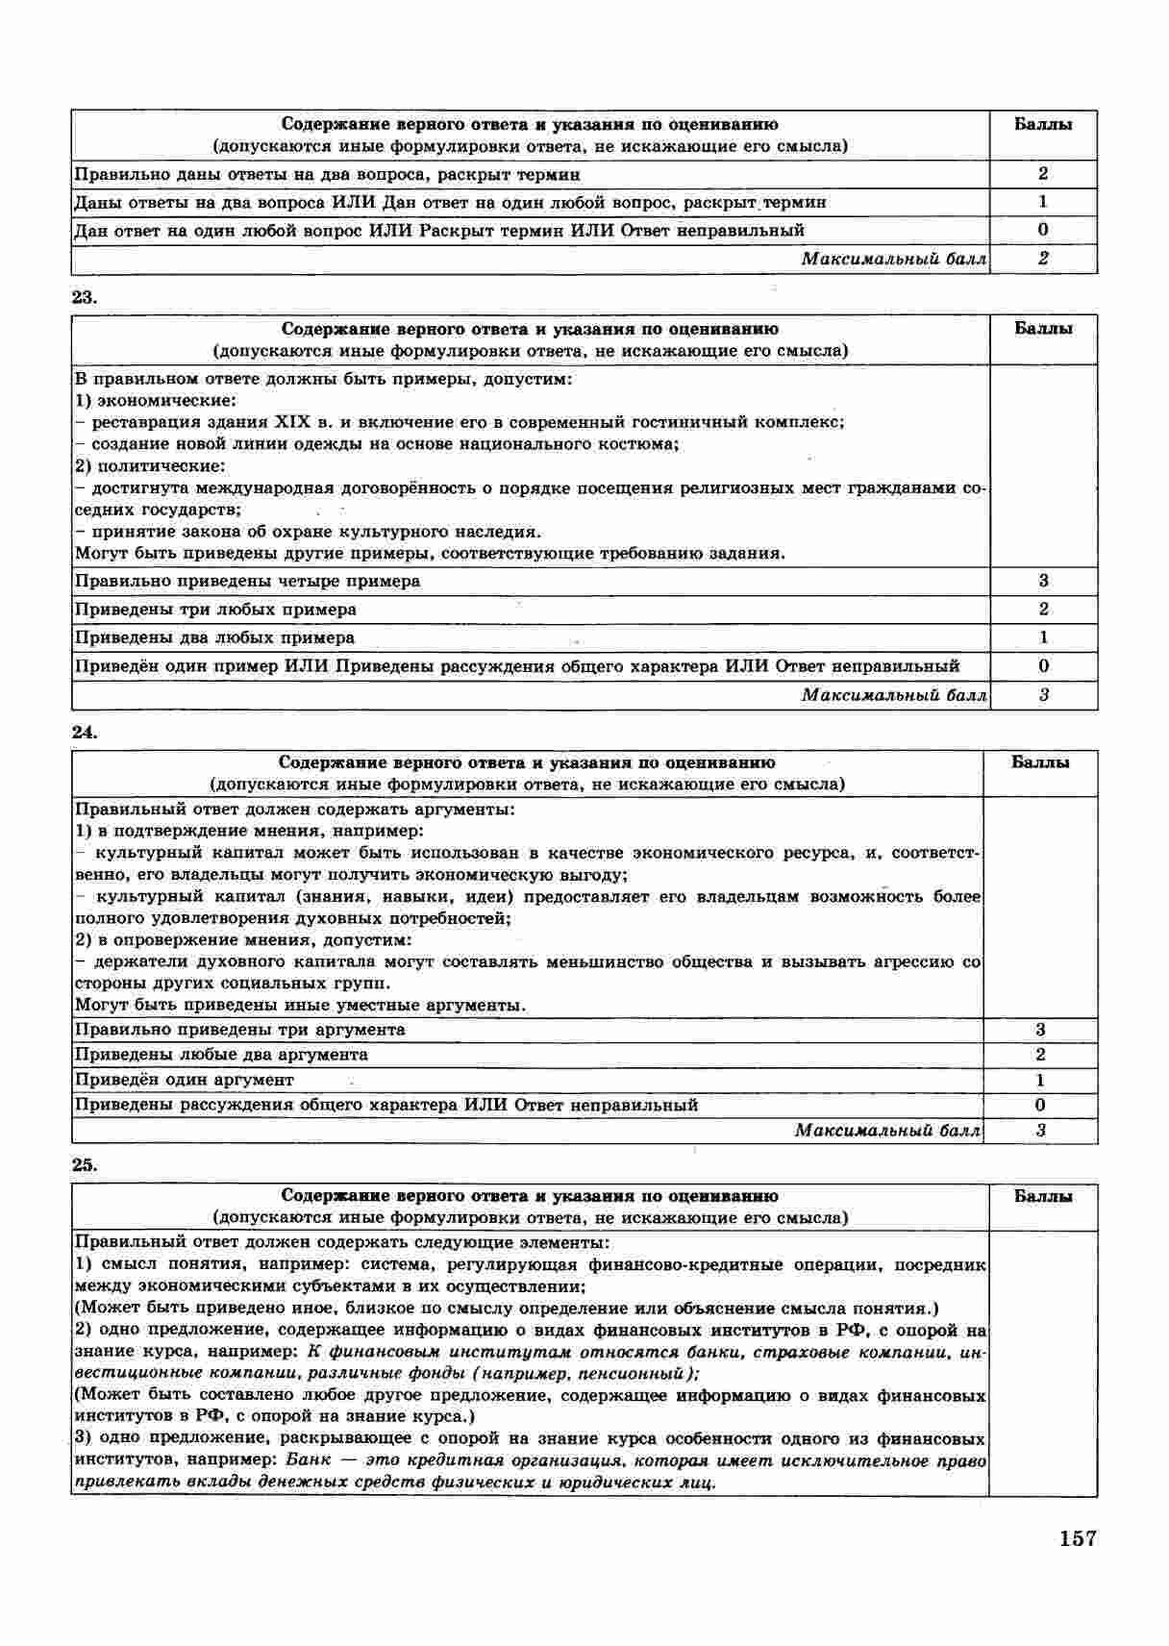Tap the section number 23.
tap(84, 297)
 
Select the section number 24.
tap(84, 732)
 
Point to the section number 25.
tap(84, 1165)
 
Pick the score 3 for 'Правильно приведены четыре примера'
tap(1043, 581)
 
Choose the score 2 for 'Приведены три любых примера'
tap(1043, 610)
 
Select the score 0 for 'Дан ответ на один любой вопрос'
tap(1043, 230)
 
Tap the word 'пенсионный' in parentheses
tap(629, 1374)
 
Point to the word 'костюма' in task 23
tap(645, 444)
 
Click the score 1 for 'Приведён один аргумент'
tap(1040, 1080)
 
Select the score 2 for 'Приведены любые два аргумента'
tap(1040, 1055)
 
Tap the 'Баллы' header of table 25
tap(1043, 1197)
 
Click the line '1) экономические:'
tap(155, 400)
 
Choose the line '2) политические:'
tap(150, 466)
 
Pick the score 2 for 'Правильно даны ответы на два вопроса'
tap(1043, 174)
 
